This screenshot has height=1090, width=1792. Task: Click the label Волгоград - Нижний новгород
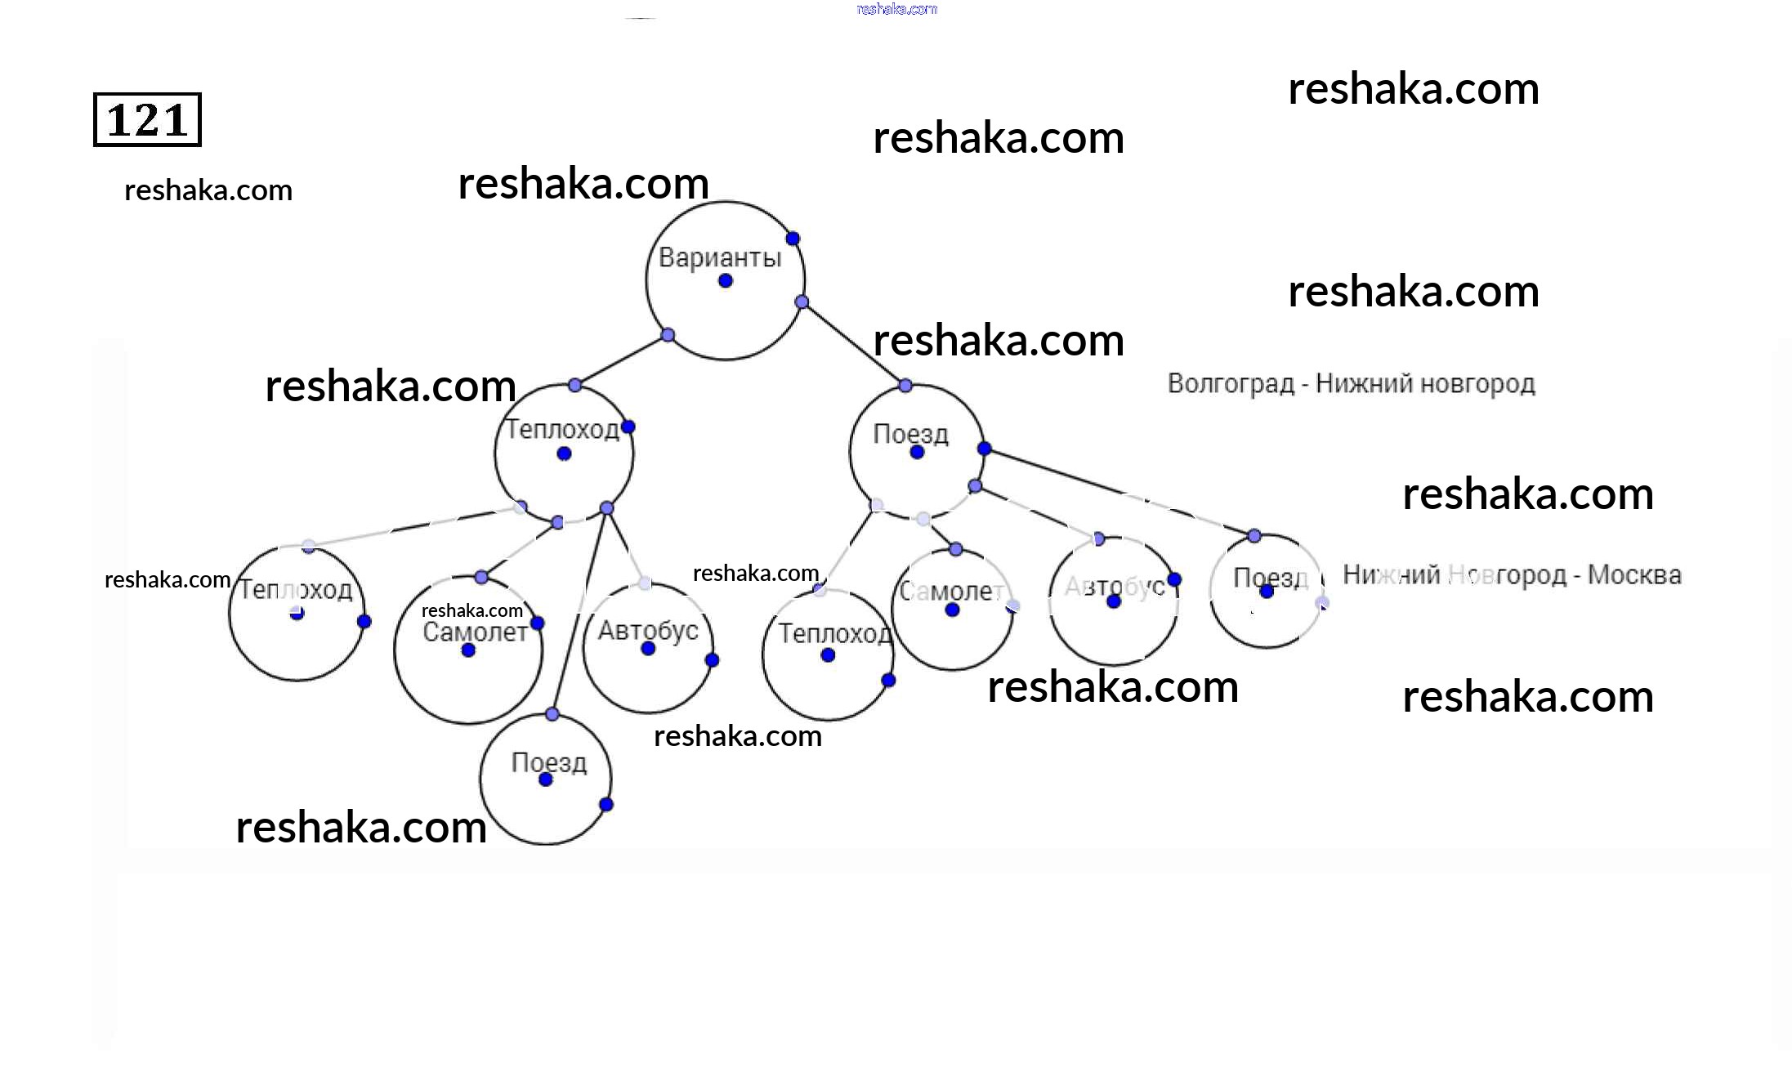point(1351,383)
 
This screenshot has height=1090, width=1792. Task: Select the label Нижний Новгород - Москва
point(1512,575)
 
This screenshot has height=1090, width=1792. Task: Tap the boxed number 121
point(147,120)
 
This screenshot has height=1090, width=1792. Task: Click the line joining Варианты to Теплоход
point(621,360)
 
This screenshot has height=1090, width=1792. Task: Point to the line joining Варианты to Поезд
point(853,344)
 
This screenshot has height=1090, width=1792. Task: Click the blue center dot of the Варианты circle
point(726,281)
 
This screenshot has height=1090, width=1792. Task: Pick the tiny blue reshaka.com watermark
point(896,9)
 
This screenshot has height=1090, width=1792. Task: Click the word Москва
point(1634,575)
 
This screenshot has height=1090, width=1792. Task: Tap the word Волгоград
point(1231,383)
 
